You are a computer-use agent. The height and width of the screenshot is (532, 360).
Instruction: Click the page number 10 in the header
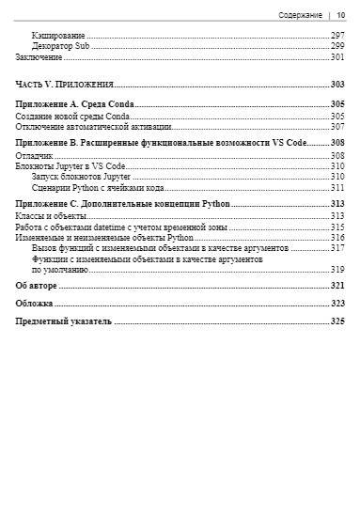click(x=340, y=15)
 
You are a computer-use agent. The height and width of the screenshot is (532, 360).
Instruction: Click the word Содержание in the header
click(x=301, y=15)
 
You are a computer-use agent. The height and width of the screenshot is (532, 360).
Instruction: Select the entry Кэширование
click(x=59, y=35)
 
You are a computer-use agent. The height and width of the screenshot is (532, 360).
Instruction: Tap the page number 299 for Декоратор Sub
click(x=337, y=45)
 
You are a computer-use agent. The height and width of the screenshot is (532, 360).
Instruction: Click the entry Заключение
click(x=39, y=56)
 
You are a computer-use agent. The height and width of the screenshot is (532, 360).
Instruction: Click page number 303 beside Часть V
click(x=337, y=85)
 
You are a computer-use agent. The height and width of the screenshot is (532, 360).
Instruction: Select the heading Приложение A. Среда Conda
click(x=75, y=103)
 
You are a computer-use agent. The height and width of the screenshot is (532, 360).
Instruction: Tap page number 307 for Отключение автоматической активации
click(x=337, y=126)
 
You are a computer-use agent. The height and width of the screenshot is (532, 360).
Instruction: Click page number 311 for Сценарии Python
click(x=337, y=187)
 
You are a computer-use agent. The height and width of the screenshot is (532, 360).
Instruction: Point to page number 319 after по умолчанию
click(x=337, y=269)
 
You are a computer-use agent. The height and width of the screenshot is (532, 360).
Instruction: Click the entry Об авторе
click(x=37, y=285)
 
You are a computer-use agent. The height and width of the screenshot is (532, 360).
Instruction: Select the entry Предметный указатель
click(x=64, y=321)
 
